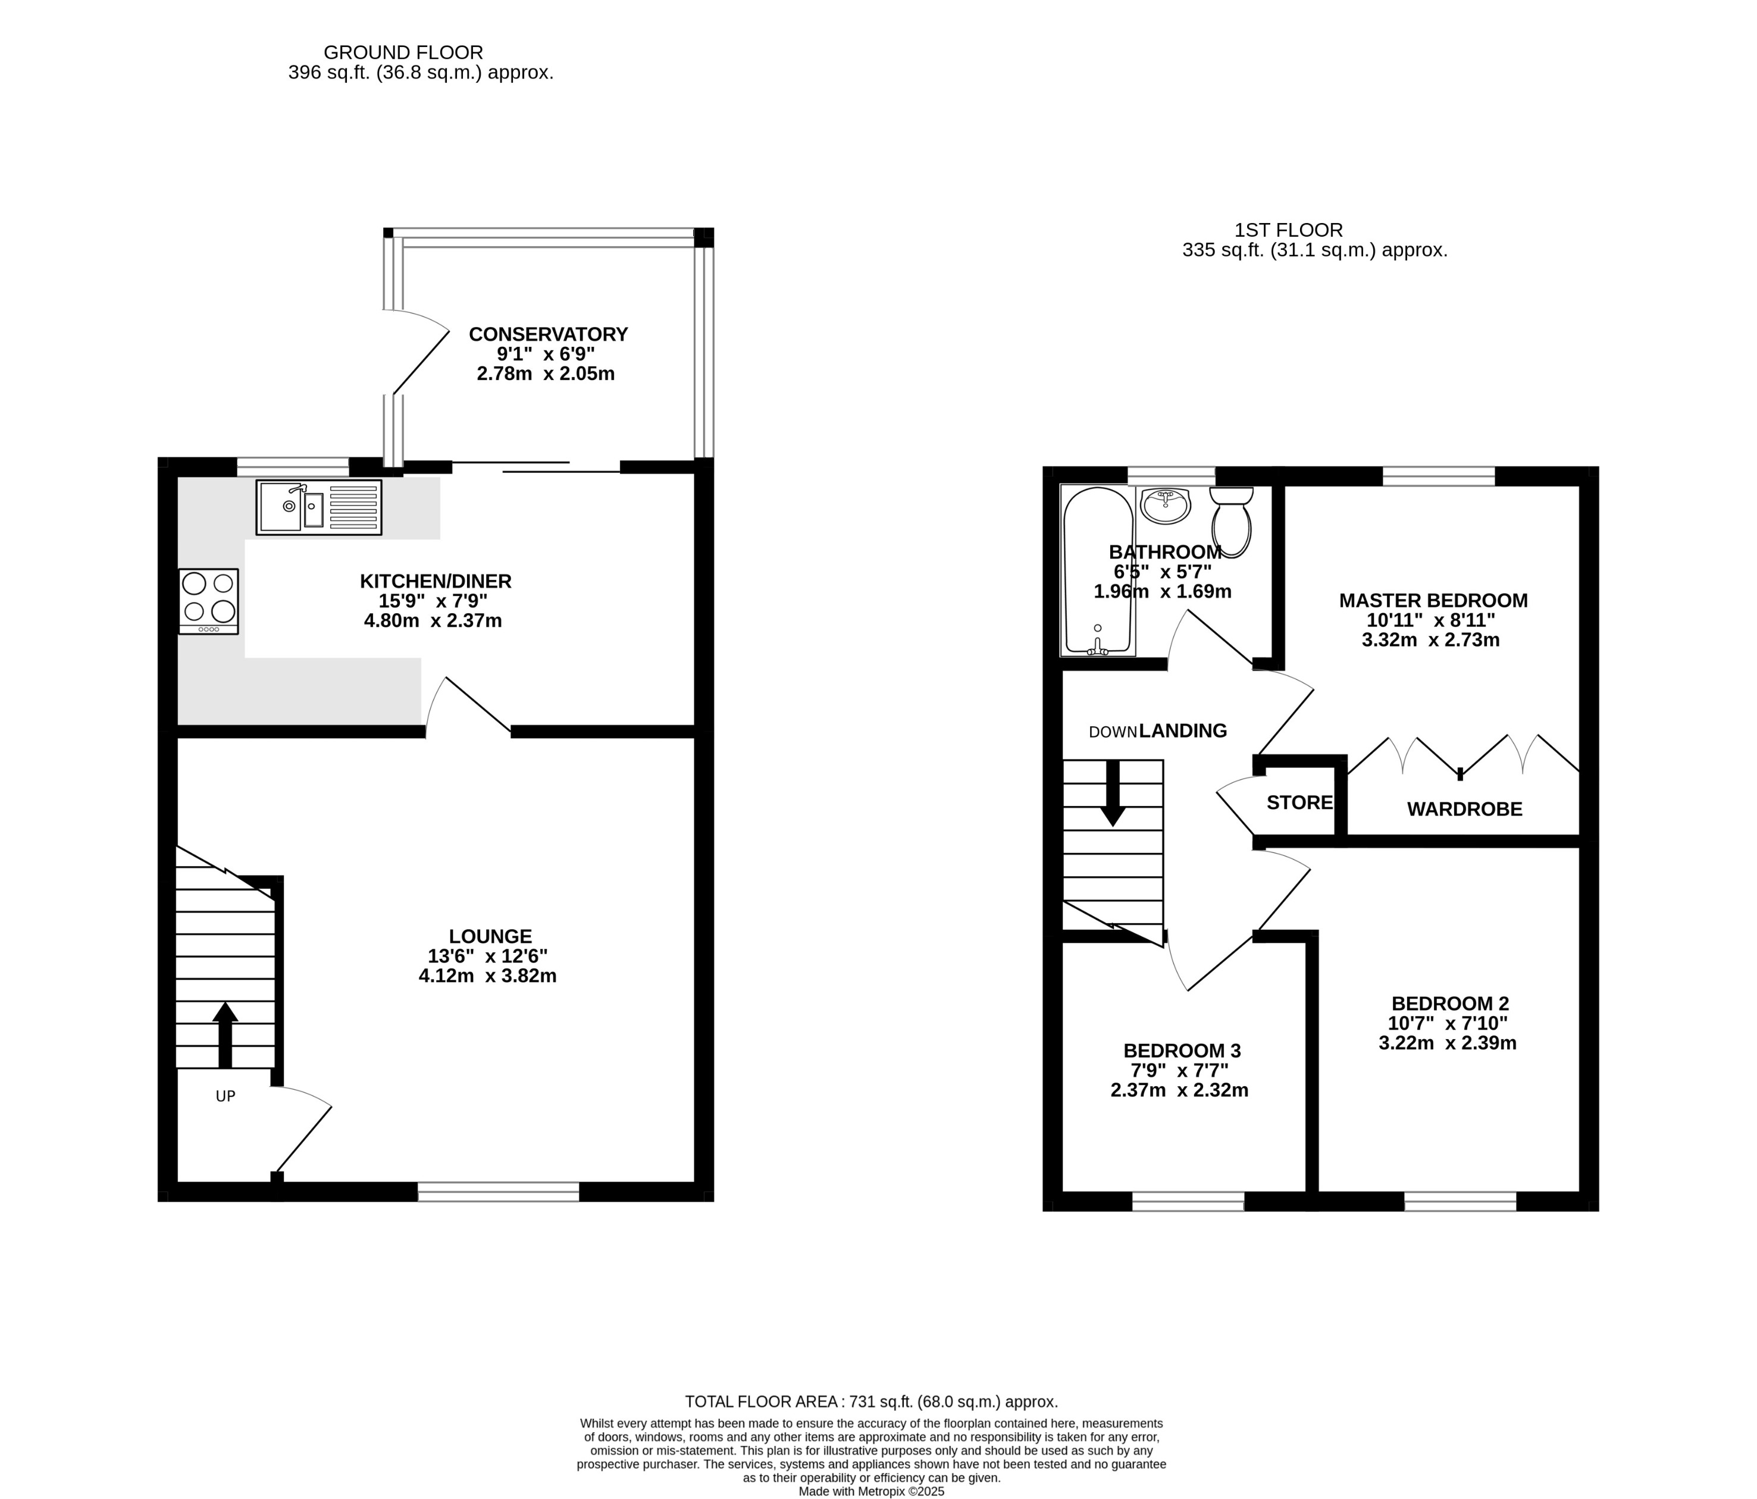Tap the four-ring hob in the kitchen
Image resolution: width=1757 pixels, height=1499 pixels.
(x=209, y=600)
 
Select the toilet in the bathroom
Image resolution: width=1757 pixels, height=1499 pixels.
(x=1231, y=520)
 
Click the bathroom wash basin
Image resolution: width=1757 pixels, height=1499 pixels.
(x=1166, y=506)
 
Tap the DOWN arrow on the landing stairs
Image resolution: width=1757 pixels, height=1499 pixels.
(x=1113, y=793)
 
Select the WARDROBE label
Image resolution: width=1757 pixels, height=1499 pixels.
(x=1464, y=809)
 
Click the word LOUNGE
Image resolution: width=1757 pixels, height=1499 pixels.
(x=490, y=936)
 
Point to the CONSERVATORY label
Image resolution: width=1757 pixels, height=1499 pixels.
(x=548, y=334)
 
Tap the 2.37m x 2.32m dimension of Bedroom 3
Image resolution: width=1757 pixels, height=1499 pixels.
(x=1179, y=1090)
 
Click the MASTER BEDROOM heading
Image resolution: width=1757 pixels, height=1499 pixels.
(x=1433, y=600)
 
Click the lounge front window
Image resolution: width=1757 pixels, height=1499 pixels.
(x=499, y=1191)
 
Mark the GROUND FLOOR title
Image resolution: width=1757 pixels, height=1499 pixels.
(x=403, y=52)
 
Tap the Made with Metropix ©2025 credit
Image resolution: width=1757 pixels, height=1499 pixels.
(x=871, y=1491)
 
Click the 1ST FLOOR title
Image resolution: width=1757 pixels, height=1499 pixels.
(x=1289, y=230)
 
